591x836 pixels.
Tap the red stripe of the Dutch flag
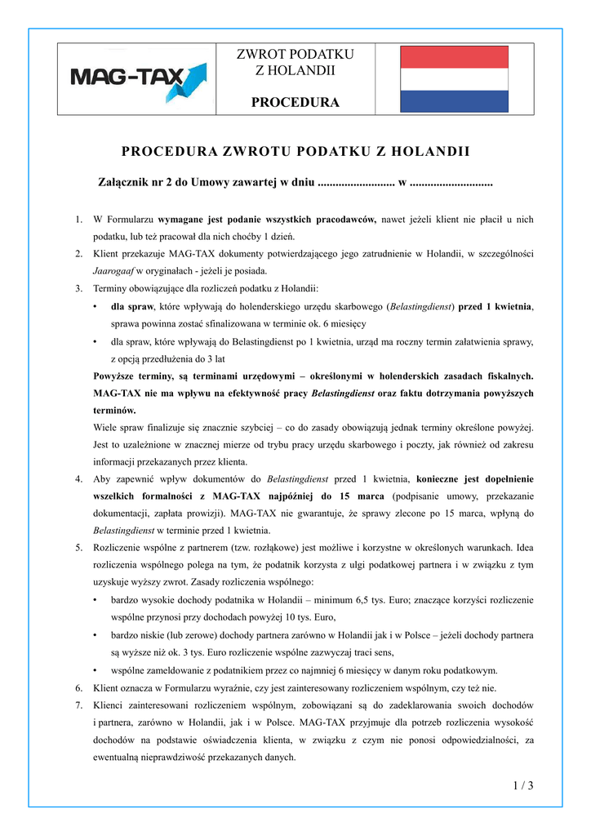pos(452,55)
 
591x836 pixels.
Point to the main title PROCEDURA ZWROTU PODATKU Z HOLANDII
pos(295,151)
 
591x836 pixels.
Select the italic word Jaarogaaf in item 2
pos(113,269)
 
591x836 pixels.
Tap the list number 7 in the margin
pos(78,704)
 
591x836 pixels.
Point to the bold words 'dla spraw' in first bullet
pos(132,306)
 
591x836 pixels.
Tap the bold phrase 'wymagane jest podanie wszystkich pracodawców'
pos(266,220)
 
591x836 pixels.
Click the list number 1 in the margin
pos(78,220)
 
